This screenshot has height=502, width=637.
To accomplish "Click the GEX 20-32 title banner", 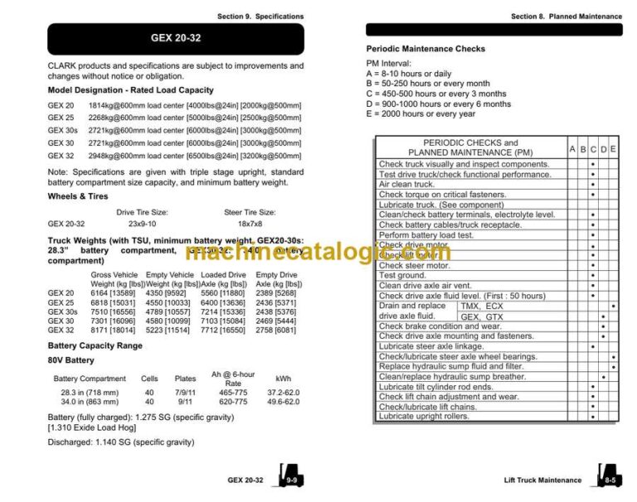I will point(175,38).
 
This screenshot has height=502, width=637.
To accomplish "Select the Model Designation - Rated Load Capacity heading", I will point(130,89).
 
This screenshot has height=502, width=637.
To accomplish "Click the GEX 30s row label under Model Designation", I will point(62,130).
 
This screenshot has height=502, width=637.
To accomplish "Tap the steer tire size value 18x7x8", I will point(250,224).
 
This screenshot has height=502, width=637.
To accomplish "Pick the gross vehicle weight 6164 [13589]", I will point(112,292).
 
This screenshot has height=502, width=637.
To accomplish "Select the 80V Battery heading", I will point(71,360).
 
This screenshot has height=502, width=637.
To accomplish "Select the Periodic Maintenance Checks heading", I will point(425,49).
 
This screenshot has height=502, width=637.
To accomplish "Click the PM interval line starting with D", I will point(439,104).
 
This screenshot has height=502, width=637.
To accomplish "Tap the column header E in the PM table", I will point(613,149).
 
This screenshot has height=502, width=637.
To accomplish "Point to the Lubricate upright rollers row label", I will point(424,417).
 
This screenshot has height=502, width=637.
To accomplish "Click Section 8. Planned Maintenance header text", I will point(566,17).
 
